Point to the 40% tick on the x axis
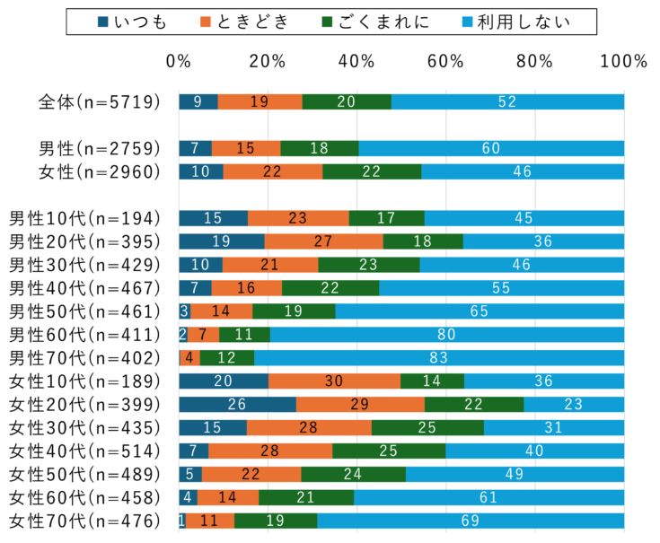coord(356,62)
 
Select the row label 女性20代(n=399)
coord(84,405)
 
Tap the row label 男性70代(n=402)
coord(84,358)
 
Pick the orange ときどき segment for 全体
coord(260,101)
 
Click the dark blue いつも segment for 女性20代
coord(237,405)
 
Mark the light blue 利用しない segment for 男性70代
coord(439,358)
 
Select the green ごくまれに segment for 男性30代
coord(369,265)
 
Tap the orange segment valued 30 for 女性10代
coord(334,381)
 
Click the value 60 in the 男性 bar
coord(491,148)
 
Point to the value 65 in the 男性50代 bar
coord(480,311)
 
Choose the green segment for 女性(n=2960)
coord(372,171)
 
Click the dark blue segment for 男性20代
coord(222,241)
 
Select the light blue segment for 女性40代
coord(534,451)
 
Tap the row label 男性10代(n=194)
coord(84,218)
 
